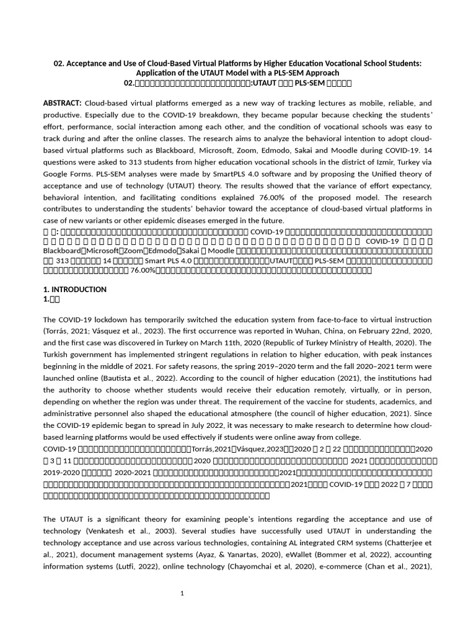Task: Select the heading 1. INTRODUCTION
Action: click(75, 290)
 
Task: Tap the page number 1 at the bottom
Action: click(182, 593)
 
